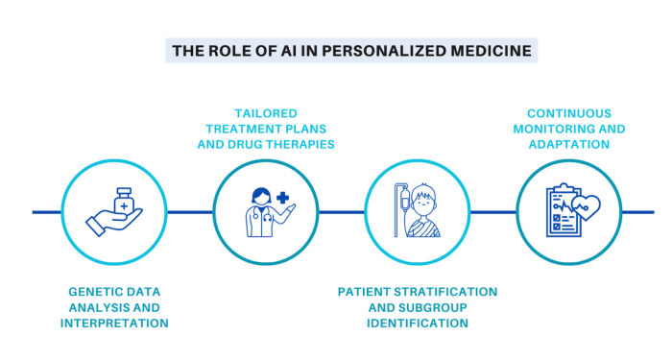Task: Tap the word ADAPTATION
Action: tap(569, 145)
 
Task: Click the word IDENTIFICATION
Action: tap(418, 323)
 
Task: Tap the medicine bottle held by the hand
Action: tap(123, 202)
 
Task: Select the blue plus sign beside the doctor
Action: tap(282, 199)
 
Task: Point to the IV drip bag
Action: tap(404, 201)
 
